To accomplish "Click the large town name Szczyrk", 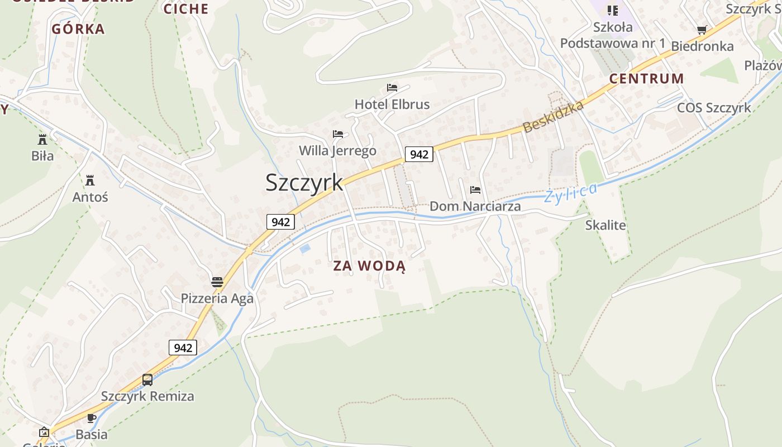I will coord(304,183).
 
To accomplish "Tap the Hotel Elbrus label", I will coord(392,104).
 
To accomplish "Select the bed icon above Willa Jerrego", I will coord(337,134).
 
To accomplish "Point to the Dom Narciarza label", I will coord(475,206).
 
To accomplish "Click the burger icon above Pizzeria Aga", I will coord(217,282).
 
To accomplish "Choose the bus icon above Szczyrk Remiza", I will coord(147,380).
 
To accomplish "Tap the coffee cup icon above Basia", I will coord(92,418).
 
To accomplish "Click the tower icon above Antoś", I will coord(90,180).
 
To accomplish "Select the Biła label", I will coord(42,155).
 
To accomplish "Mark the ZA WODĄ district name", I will coord(369,266).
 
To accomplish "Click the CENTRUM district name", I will coord(646,79).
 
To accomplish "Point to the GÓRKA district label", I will coord(78,29).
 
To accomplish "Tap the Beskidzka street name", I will coord(553,117).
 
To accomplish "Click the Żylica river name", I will coord(570,193).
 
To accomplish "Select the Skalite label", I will coord(605,225).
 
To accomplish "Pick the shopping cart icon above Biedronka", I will coord(702,30).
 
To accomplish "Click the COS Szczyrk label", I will coord(714,108).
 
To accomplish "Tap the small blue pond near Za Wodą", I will coord(304,249).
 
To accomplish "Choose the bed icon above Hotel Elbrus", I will coord(392,88).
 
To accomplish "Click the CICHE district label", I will coord(186,9).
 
